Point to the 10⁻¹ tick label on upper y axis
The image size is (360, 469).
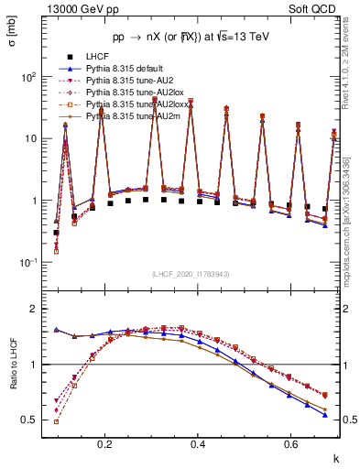(28, 263)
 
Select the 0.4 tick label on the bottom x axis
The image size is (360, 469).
(198, 444)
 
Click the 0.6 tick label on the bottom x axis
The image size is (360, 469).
(290, 444)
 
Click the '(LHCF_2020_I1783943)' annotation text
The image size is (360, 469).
(190, 275)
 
